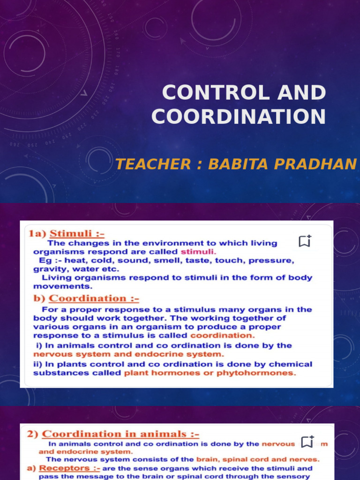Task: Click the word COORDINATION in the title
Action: click(x=239, y=116)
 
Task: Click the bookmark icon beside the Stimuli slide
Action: click(x=305, y=241)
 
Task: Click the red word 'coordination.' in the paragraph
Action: click(x=222, y=336)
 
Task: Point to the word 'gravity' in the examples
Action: click(x=46, y=269)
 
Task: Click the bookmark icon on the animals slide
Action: click(x=307, y=442)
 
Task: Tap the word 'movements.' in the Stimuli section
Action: click(x=63, y=286)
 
